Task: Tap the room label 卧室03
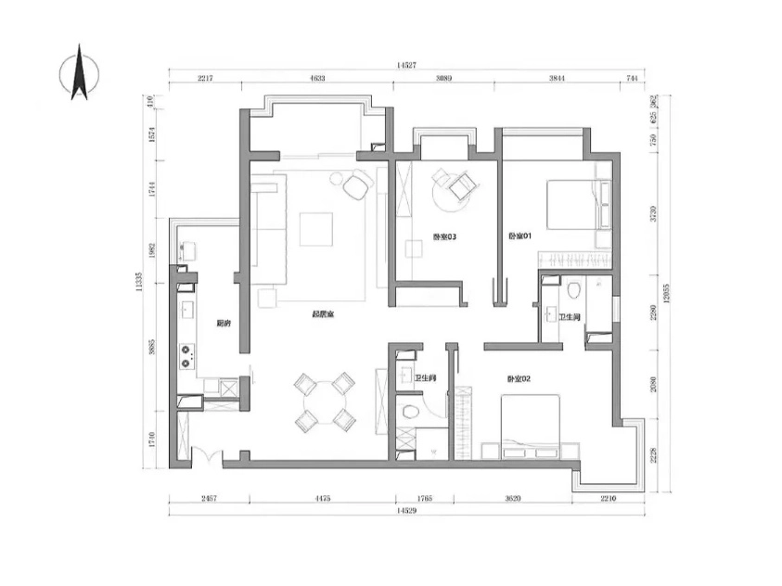444,237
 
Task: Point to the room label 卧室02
519,378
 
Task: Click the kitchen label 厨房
223,324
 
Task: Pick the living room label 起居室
323,315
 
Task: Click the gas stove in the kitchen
187,352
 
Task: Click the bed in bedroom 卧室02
531,422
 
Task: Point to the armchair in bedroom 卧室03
460,186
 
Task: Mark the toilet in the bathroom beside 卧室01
574,291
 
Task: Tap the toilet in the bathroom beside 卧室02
407,411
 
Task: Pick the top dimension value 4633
317,80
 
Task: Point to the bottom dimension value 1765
423,498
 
